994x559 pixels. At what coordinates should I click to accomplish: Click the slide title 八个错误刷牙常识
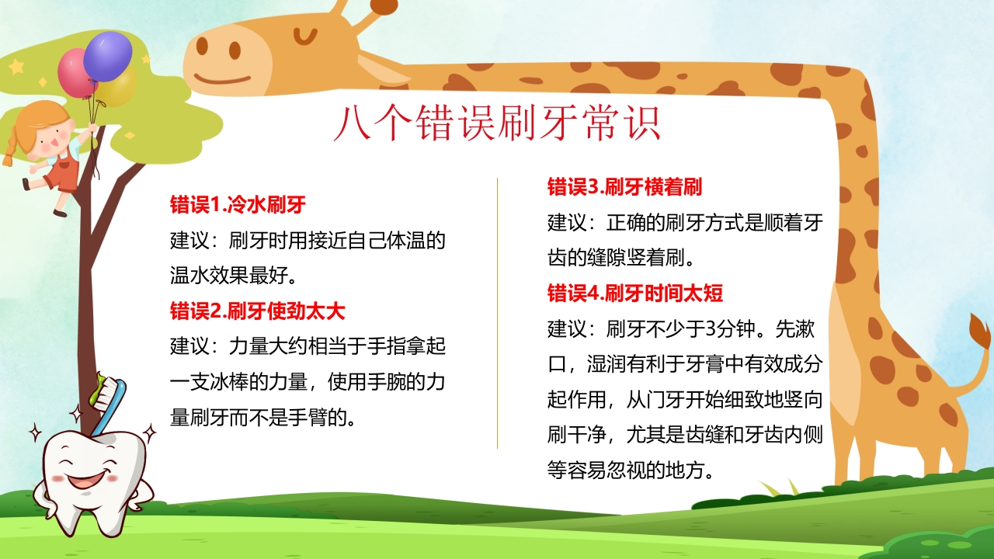pyautogui.click(x=497, y=123)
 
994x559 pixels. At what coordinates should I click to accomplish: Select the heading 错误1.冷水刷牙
pyautogui.click(x=238, y=206)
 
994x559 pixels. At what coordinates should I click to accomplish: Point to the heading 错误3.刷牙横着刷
pyautogui.click(x=625, y=187)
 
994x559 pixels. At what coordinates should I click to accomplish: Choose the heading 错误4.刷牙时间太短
pyautogui.click(x=635, y=293)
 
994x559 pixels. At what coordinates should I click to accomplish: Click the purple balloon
pyautogui.click(x=108, y=55)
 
